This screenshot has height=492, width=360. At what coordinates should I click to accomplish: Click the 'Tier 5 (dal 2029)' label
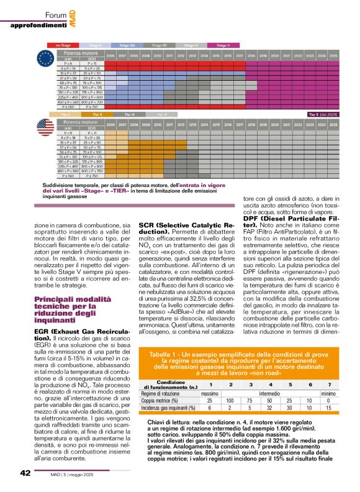coord(322,114)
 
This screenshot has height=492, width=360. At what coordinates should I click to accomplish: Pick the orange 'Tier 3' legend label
coord(97,114)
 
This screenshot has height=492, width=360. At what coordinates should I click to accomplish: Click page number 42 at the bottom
coord(25,473)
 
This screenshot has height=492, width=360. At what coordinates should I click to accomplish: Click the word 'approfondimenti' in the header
coord(37,25)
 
